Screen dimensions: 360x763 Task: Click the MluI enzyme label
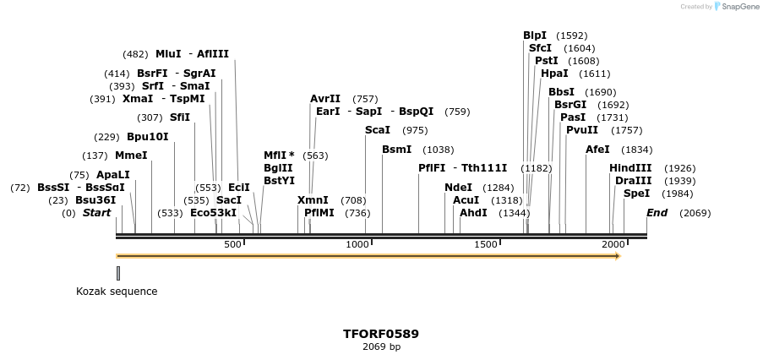[168, 54]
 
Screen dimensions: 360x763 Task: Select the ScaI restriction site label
[378, 130]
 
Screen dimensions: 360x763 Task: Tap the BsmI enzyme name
[396, 150]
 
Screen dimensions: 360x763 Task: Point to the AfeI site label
[597, 150]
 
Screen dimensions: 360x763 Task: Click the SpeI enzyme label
[636, 194]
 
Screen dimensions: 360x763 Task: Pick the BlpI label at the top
[535, 35]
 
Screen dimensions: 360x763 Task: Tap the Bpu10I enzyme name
[147, 137]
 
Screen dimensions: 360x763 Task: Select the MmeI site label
[131, 155]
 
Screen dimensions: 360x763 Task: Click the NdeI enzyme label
[458, 188]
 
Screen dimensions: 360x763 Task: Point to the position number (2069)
[695, 213]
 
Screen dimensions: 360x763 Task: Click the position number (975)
[415, 130]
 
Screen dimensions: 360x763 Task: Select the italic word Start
[96, 213]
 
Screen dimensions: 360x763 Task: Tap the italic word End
[657, 213]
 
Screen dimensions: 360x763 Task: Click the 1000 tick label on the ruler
[358, 244]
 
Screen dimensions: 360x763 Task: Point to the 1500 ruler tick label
[485, 244]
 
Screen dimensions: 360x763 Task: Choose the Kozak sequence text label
[117, 292]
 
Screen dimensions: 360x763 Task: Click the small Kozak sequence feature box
[118, 273]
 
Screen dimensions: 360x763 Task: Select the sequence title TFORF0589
[381, 334]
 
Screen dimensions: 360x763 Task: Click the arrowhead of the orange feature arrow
[618, 256]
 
